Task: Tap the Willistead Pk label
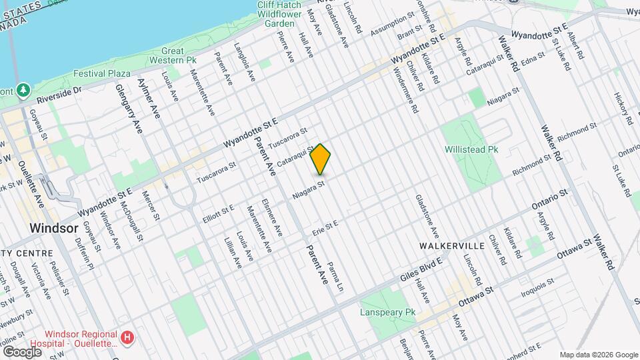click(x=471, y=150)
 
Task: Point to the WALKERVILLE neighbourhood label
click(x=450, y=246)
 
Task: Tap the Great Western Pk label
click(x=173, y=55)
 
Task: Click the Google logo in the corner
click(x=22, y=351)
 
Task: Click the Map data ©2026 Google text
click(x=598, y=355)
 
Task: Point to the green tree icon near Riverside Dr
click(x=23, y=89)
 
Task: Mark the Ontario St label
click(x=549, y=197)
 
